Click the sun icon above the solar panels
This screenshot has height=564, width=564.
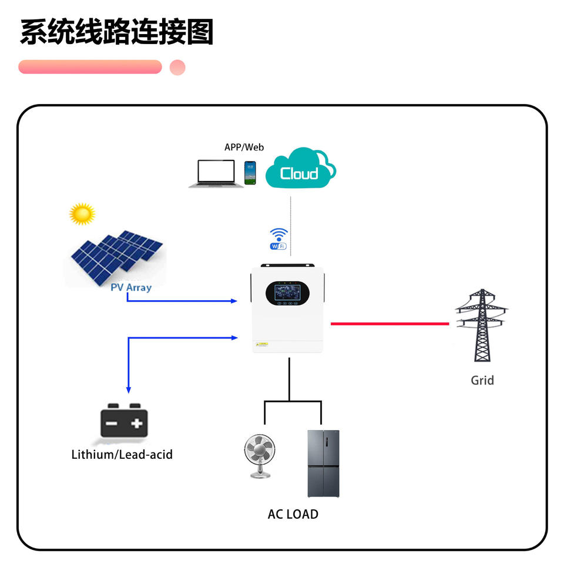(82, 214)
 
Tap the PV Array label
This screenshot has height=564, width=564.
(131, 288)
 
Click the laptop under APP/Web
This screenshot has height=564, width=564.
(216, 174)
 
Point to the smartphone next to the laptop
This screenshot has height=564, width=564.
(250, 173)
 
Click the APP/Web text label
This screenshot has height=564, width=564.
(244, 147)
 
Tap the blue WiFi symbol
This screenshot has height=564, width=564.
(278, 239)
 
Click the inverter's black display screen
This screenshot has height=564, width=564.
(287, 293)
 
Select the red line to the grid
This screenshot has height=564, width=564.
(390, 324)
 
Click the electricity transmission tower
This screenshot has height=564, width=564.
(482, 325)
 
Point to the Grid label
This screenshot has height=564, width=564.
(482, 380)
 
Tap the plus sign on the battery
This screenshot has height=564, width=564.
(137, 424)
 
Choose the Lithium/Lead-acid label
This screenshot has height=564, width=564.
(122, 455)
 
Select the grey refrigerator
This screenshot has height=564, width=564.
(323, 464)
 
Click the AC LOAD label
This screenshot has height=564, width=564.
(293, 515)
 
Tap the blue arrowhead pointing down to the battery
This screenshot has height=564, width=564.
(129, 390)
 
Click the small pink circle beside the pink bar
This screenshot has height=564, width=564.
(177, 67)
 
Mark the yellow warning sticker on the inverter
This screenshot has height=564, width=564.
(262, 344)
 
